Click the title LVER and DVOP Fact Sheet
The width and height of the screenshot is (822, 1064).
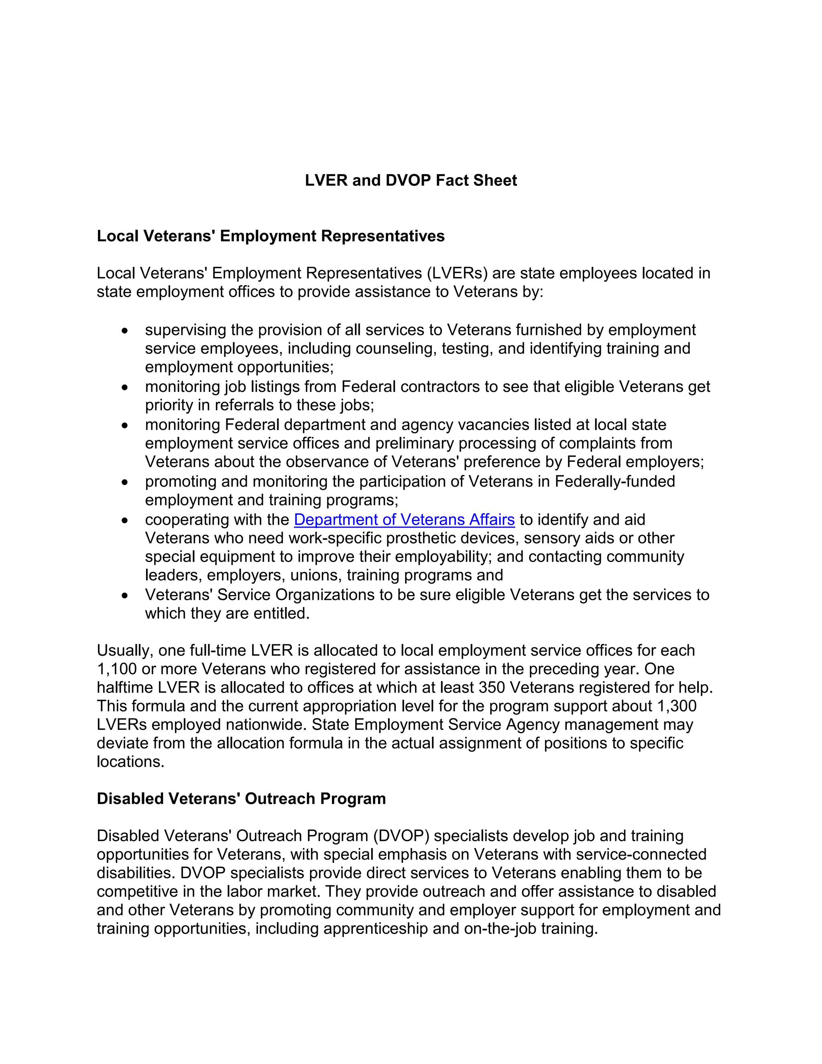tap(411, 180)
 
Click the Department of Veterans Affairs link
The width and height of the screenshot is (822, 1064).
tap(404, 520)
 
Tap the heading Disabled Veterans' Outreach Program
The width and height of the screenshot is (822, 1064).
tap(241, 799)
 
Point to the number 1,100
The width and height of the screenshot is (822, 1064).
tap(116, 669)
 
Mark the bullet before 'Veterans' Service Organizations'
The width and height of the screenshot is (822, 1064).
tap(125, 596)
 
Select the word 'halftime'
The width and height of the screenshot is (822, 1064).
tap(125, 687)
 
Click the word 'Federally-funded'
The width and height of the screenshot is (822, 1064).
tap(614, 481)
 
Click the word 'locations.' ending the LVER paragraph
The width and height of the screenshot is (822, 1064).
tap(130, 761)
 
